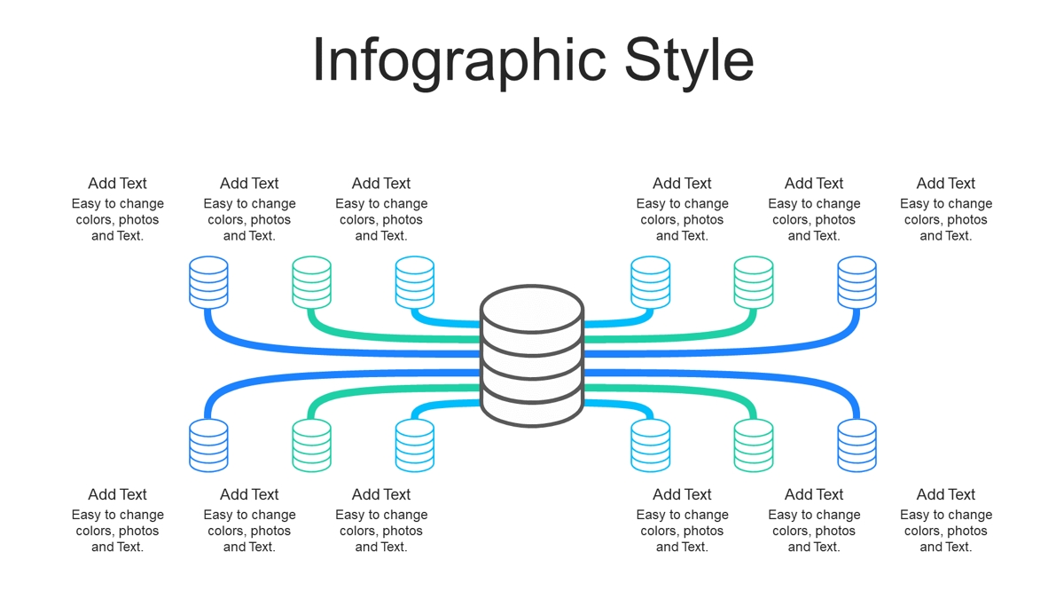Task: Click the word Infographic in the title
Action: [x=459, y=62]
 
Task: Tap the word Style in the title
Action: [x=689, y=62]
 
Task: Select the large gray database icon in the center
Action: [x=532, y=356]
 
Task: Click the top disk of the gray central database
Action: [x=532, y=309]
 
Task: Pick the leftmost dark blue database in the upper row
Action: [x=208, y=282]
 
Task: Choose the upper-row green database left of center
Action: [x=311, y=282]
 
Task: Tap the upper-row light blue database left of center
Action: [x=415, y=282]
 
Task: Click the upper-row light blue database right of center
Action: [x=650, y=282]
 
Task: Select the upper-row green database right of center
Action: [x=754, y=282]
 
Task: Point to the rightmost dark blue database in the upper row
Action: [x=857, y=282]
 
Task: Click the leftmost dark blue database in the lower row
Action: [x=208, y=445]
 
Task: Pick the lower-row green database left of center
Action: [x=311, y=445]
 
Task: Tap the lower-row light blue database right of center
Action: [x=650, y=445]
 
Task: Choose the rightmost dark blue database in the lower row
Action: [x=857, y=445]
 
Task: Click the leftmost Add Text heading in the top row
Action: [x=117, y=183]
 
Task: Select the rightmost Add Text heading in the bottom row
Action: [x=946, y=494]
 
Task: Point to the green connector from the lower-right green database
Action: [x=689, y=391]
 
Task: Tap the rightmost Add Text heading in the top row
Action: [x=946, y=183]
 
